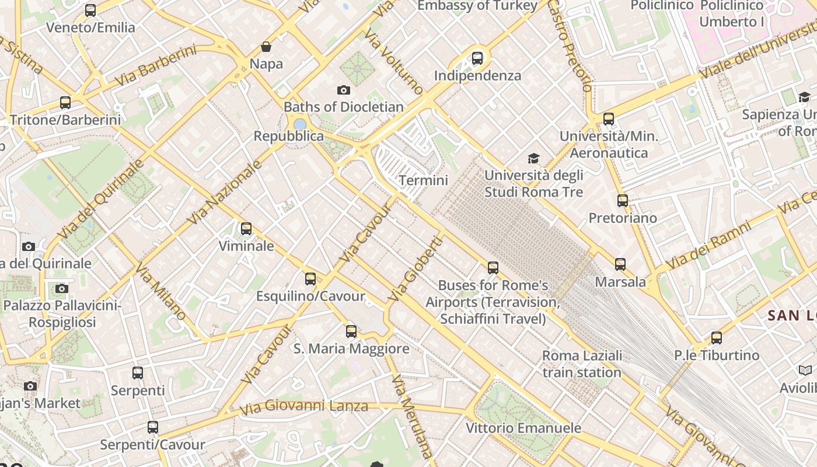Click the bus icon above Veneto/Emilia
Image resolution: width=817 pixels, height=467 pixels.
tap(90, 10)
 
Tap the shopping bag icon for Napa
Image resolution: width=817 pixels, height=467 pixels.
tap(266, 47)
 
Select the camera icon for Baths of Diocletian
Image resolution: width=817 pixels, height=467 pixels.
tap(344, 90)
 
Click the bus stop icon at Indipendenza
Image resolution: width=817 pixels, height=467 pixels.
tap(477, 58)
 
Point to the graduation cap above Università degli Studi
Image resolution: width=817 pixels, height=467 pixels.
tap(533, 158)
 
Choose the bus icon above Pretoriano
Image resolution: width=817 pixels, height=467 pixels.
tap(623, 201)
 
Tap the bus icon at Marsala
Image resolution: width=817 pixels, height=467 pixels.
tap(620, 264)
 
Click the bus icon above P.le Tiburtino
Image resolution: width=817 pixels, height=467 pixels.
tap(717, 338)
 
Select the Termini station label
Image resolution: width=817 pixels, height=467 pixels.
tap(423, 180)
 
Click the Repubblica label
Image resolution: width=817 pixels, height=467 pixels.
tap(288, 136)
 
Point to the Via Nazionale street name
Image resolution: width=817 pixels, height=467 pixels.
tap(225, 193)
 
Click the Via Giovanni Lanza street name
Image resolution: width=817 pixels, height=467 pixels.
tap(303, 406)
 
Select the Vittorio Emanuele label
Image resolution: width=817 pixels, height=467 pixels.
tap(523, 428)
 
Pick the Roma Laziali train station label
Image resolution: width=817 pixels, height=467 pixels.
tap(582, 364)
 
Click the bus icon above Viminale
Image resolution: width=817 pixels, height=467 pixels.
tap(246, 229)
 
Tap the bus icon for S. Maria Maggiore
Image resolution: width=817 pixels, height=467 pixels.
tap(351, 332)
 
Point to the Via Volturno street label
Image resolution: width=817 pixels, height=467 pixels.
tap(394, 61)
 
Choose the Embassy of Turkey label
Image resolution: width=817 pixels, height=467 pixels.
tap(477, 6)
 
